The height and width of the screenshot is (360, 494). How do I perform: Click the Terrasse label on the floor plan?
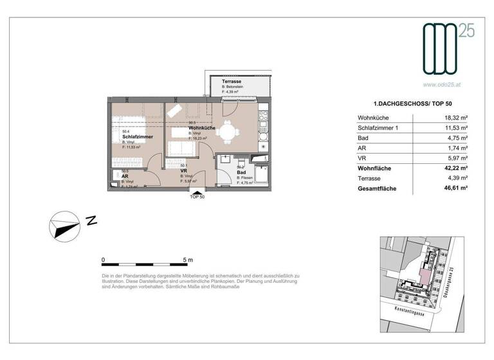232,83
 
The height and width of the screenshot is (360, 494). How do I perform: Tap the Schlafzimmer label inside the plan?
137,137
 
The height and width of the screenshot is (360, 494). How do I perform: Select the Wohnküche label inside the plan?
201,128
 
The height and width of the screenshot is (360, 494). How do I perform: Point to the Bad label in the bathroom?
241,173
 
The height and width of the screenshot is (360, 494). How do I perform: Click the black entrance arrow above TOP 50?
197,190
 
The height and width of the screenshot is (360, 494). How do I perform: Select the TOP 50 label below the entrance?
197,197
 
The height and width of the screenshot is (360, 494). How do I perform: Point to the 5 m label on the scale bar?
187,260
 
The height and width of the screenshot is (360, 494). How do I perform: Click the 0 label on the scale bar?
104,260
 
